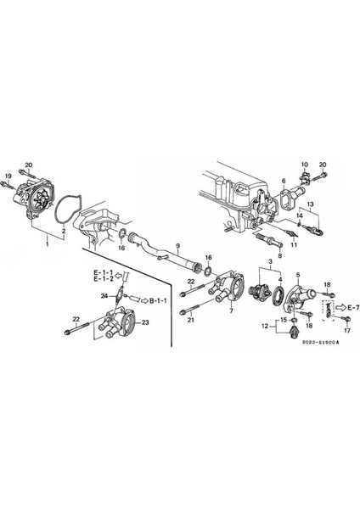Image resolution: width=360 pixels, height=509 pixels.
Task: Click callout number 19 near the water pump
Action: click(x=8, y=176)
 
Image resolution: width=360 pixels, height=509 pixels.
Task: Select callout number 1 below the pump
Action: click(x=48, y=243)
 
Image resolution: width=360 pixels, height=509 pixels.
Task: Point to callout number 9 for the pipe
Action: click(x=177, y=248)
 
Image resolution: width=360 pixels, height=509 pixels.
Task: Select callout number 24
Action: click(x=103, y=296)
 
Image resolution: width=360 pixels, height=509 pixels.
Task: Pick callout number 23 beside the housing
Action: click(x=145, y=322)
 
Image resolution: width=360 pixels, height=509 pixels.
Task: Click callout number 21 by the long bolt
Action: click(x=191, y=320)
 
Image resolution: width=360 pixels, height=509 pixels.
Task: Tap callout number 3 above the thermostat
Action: click(x=270, y=263)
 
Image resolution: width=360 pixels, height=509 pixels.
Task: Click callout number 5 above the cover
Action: click(x=298, y=275)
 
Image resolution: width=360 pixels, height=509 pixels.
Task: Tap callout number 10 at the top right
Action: click(x=304, y=163)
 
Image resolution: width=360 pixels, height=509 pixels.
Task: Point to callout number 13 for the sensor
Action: click(x=312, y=204)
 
